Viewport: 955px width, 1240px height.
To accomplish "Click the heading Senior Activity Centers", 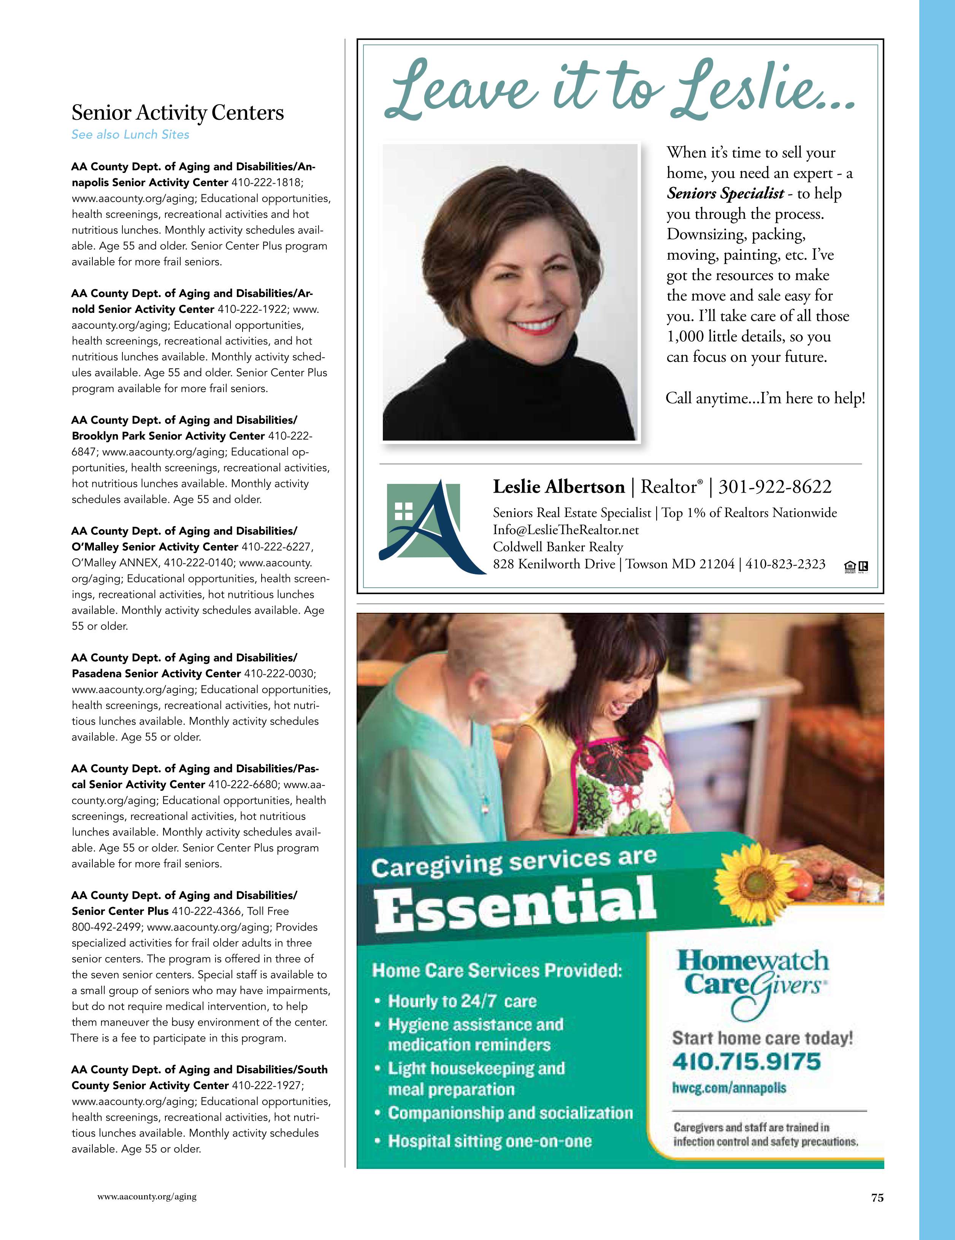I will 177,113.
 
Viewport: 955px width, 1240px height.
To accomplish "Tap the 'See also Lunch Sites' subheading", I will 130,135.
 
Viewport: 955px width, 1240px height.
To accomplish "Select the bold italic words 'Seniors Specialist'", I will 725,193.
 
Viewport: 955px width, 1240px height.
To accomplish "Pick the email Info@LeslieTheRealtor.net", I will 565,530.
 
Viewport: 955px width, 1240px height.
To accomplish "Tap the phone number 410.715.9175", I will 746,1061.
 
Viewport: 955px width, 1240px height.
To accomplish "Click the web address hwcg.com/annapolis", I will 729,1088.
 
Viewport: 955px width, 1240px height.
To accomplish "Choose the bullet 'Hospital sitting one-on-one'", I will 489,1141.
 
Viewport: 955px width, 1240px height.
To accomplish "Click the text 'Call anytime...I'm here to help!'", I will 765,398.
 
